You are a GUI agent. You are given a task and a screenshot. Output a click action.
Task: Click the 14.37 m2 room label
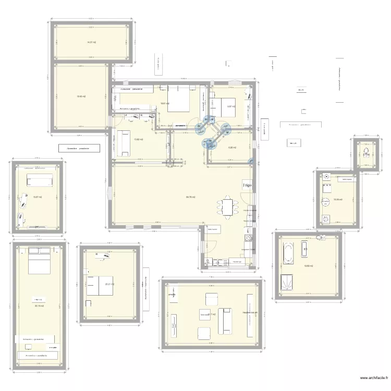point(91,43)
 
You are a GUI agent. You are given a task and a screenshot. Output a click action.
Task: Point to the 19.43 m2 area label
point(81,96)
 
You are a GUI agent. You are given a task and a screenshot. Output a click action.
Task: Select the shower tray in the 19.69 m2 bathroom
point(287,283)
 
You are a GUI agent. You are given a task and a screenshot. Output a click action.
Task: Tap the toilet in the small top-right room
point(367,153)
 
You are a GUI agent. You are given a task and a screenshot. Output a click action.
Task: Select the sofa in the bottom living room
point(227,321)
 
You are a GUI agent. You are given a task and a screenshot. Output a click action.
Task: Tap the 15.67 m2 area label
point(37,197)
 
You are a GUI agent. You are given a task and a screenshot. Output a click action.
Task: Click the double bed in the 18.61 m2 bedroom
point(178,99)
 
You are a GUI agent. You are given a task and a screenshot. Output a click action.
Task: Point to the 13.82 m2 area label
point(138,139)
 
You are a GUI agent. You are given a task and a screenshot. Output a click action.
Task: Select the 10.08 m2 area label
point(337,199)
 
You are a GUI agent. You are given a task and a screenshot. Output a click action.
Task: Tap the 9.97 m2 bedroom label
point(230,106)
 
